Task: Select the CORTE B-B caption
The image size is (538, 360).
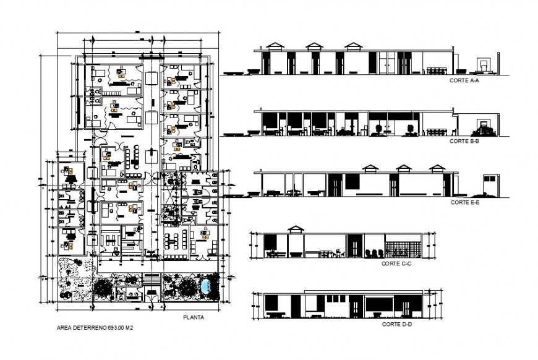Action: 461,141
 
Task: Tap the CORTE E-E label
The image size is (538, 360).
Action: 463,202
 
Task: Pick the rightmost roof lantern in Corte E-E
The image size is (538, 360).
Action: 438,168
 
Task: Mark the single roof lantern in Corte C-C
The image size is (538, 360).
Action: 296,229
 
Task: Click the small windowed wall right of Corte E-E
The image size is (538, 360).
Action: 490,185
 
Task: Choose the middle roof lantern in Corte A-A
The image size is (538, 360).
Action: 315,47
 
